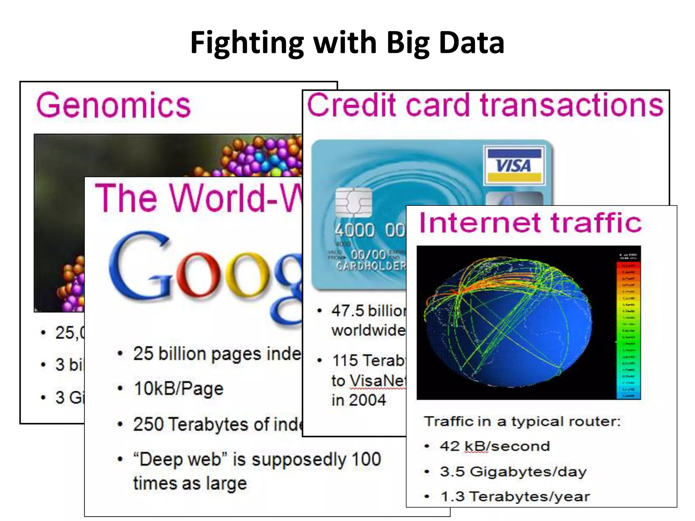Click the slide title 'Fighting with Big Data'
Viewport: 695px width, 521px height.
[347, 42]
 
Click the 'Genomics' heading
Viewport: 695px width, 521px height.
[113, 105]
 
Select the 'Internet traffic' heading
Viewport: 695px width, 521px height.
[530, 223]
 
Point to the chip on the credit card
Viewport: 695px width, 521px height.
[353, 202]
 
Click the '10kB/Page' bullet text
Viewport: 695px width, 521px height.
[179, 389]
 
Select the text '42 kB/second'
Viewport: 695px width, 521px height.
[495, 446]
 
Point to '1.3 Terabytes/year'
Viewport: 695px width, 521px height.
[515, 497]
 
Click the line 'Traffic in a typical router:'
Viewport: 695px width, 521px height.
[522, 422]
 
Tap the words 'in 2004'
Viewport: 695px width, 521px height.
[359, 400]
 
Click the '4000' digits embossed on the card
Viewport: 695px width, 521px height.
[355, 231]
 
